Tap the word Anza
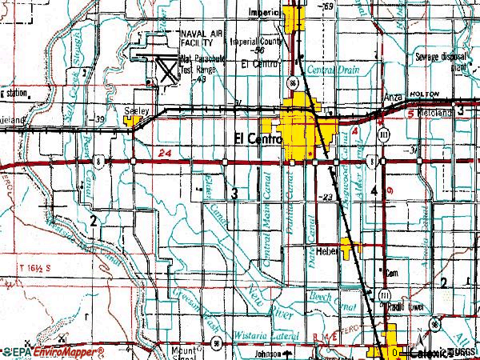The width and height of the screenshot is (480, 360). [x=393, y=95]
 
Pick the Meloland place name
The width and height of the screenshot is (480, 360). [x=433, y=113]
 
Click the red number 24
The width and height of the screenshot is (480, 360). [x=166, y=153]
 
